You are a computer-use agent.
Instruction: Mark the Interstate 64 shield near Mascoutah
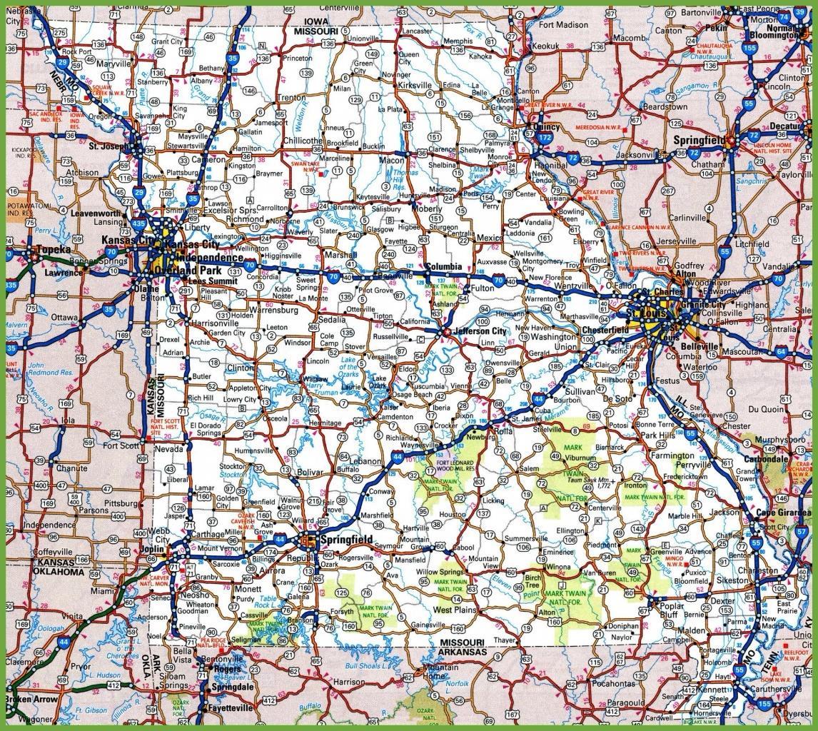click(x=782, y=352)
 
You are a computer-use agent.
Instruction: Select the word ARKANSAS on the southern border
click(x=462, y=652)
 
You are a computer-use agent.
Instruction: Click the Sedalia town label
click(x=332, y=319)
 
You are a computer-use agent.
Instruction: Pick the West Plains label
click(x=455, y=610)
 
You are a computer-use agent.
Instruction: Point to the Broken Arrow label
click(x=31, y=700)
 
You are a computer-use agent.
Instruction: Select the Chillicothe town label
click(x=303, y=141)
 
